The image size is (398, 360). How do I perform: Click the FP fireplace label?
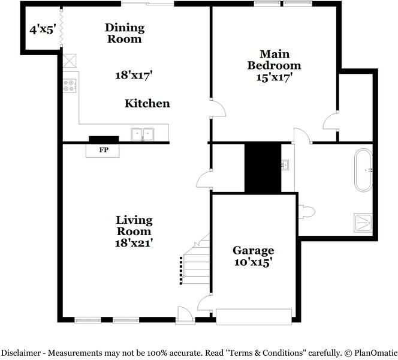pyautogui.click(x=104, y=150)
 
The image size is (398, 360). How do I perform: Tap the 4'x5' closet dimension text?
pyautogui.click(x=43, y=30)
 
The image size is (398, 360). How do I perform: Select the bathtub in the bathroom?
pyautogui.click(x=363, y=170)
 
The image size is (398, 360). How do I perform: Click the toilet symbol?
pyautogui.click(x=307, y=211)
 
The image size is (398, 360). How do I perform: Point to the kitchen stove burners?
pyautogui.click(x=70, y=86)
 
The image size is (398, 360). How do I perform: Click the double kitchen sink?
pyautogui.click(x=143, y=134)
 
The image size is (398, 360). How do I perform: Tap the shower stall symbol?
pyautogui.click(x=363, y=223)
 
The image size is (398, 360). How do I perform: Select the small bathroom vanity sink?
pyautogui.click(x=285, y=164)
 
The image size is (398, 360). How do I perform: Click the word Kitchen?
pyautogui.click(x=147, y=103)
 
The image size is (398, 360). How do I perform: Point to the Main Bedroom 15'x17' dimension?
pyautogui.click(x=273, y=77)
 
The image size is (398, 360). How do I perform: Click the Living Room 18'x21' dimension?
pyautogui.click(x=134, y=243)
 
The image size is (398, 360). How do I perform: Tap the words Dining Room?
pyautogui.click(x=125, y=33)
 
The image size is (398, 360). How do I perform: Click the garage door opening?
pyautogui.click(x=254, y=317)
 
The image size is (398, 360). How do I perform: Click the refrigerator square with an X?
pyautogui.click(x=70, y=61)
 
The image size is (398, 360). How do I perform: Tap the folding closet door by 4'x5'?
pyautogui.click(x=61, y=28)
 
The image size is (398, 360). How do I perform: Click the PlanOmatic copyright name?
pyautogui.click(x=376, y=353)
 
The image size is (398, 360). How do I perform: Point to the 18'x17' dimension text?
pyautogui.click(x=134, y=75)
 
